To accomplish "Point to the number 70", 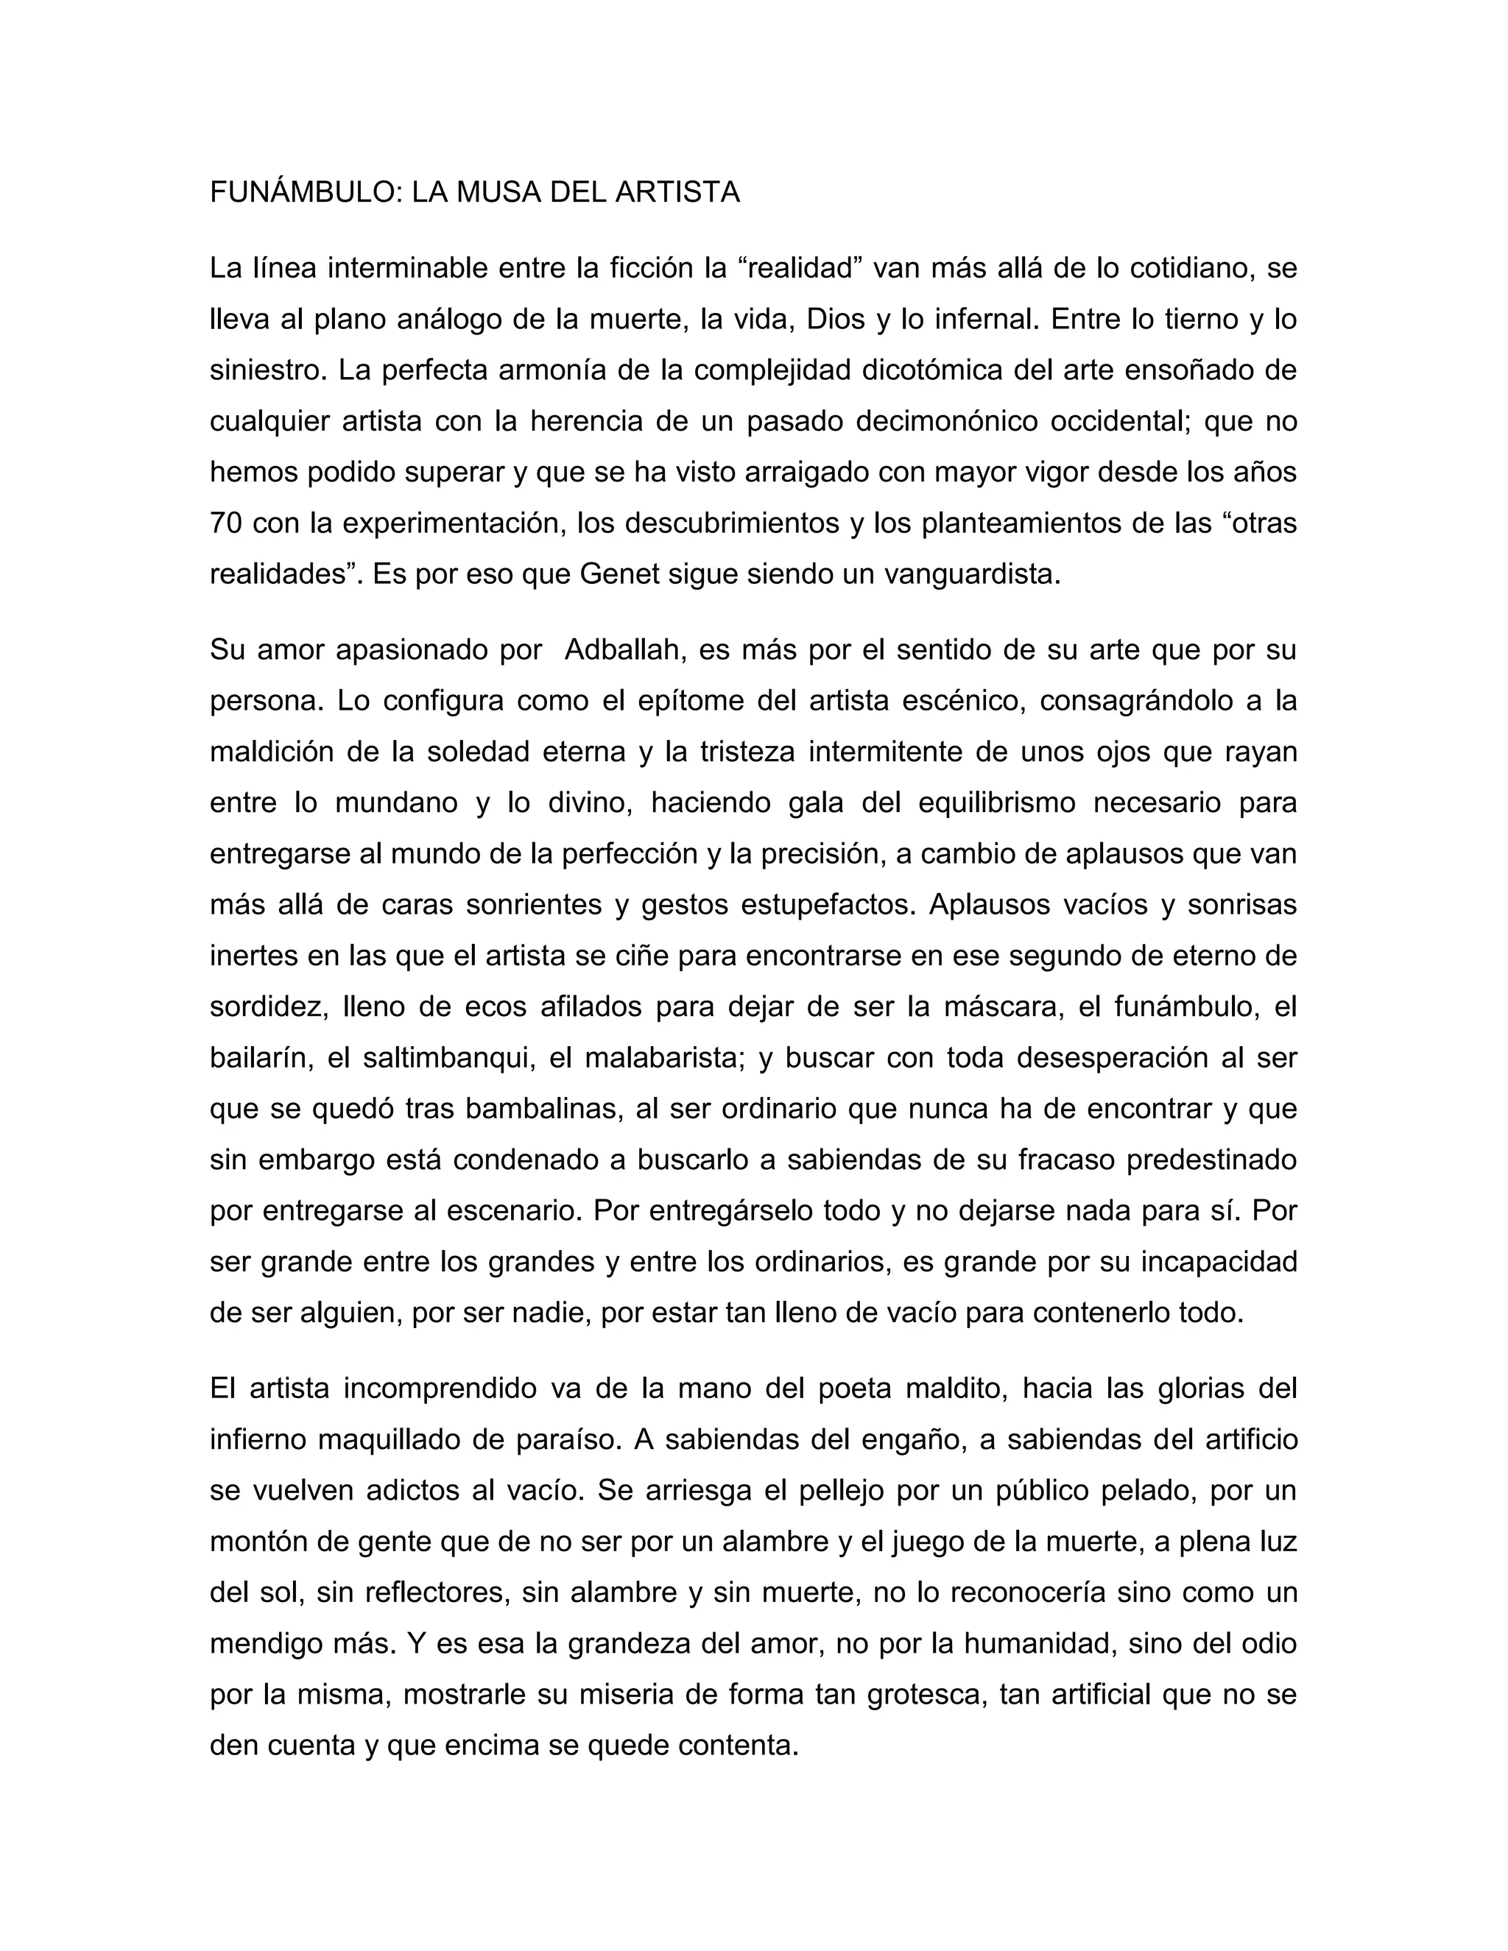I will click(226, 523).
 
